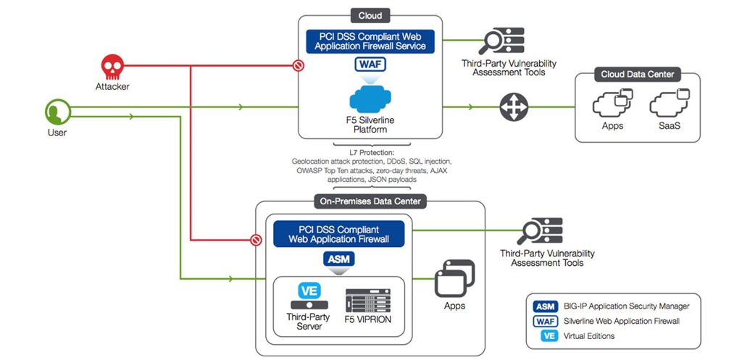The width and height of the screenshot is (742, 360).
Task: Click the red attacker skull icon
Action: [111, 68]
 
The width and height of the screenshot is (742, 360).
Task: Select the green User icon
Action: [57, 113]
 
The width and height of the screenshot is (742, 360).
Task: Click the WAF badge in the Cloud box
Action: [370, 64]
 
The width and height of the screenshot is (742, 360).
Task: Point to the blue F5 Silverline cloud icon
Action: [370, 100]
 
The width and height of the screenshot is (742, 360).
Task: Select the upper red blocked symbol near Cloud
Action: [297, 66]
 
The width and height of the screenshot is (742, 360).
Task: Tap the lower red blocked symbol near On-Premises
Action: [254, 239]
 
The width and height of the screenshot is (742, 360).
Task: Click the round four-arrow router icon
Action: [512, 107]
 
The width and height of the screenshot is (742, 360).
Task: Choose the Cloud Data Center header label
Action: [637, 74]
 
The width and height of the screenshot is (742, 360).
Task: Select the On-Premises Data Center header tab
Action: [370, 201]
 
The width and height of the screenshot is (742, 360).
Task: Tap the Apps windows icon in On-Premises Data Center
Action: [454, 278]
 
